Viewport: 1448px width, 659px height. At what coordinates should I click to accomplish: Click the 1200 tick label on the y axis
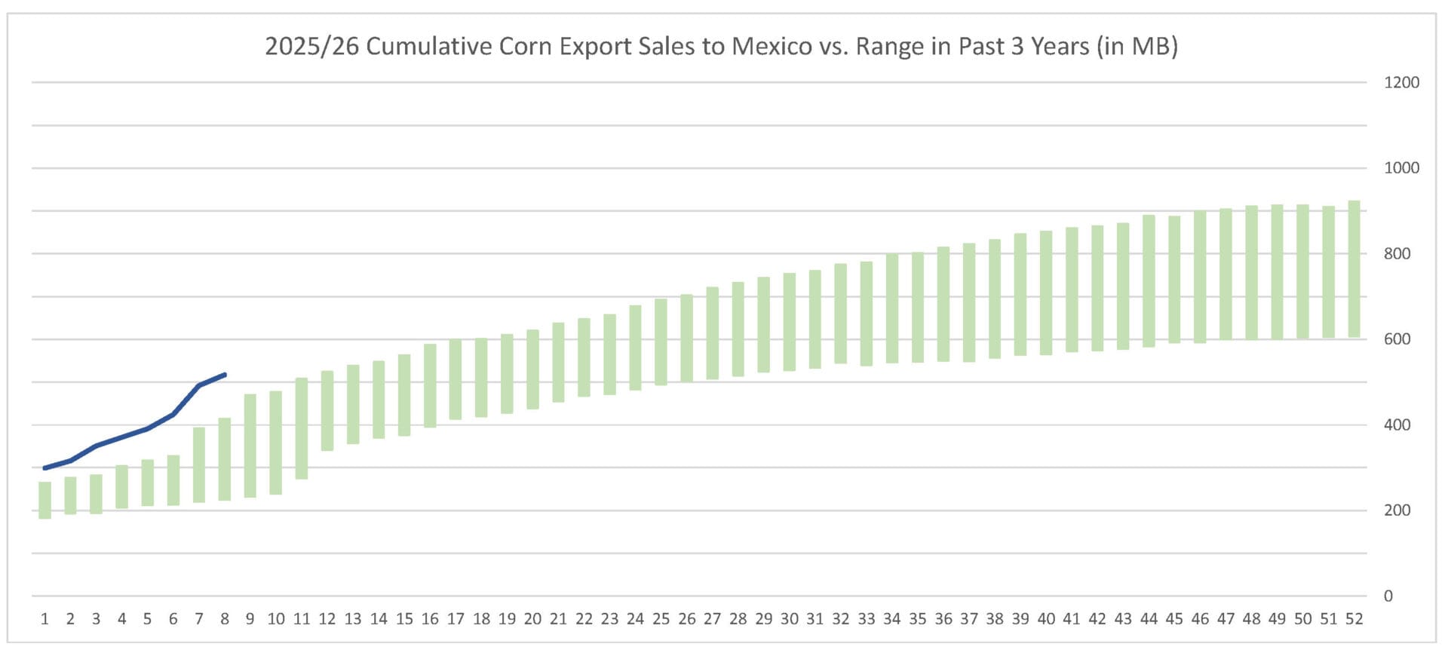pos(1401,83)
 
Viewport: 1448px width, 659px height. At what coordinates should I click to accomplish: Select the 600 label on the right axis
pos(1397,339)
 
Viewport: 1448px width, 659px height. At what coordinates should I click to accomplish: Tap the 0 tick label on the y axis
pos(1388,596)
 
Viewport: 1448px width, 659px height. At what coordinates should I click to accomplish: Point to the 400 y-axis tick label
pos(1397,425)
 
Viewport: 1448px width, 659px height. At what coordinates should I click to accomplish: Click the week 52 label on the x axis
pos(1354,619)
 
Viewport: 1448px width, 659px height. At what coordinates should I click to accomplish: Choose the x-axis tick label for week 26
pos(686,619)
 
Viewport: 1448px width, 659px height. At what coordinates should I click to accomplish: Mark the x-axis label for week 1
pos(45,619)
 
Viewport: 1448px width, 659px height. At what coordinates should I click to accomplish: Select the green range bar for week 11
pos(302,428)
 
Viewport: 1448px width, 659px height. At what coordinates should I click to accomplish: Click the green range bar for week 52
pos(1354,268)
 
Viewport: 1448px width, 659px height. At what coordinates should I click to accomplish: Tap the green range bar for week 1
pos(45,500)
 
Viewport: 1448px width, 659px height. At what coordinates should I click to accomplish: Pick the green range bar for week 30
pos(789,322)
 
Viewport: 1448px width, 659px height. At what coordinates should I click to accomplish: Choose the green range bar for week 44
pos(1149,280)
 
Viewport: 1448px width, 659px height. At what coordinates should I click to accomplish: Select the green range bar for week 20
pos(532,369)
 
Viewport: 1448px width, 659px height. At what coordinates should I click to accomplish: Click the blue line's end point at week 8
pos(225,375)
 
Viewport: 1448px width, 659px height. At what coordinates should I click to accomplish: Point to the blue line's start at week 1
pos(45,468)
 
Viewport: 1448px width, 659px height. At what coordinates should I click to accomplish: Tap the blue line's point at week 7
pos(199,385)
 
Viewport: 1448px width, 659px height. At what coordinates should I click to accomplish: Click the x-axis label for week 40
pos(1046,619)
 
